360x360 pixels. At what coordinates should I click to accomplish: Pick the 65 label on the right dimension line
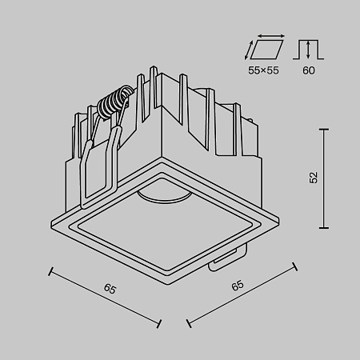coord(237,285)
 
